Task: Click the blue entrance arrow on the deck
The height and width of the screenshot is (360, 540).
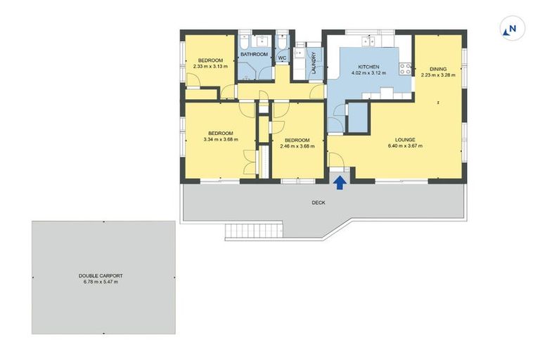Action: [339, 183]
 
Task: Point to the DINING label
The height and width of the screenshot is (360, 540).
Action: [437, 68]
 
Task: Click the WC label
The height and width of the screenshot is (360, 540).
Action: [282, 58]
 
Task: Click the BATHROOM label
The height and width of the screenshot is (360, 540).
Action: [254, 54]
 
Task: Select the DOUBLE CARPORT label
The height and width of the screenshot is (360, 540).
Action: [102, 276]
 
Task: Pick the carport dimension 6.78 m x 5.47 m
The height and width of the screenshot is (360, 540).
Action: [102, 283]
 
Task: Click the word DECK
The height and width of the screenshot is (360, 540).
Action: [319, 203]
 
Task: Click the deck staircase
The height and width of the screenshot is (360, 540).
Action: [253, 231]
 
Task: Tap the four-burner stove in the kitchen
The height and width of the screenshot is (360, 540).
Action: [405, 69]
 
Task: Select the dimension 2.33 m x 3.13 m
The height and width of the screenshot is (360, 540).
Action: [210, 67]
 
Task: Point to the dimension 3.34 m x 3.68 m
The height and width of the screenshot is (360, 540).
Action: [220, 139]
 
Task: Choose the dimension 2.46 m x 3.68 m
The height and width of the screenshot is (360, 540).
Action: [297, 146]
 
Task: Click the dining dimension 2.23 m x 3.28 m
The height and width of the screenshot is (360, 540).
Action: [437, 75]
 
